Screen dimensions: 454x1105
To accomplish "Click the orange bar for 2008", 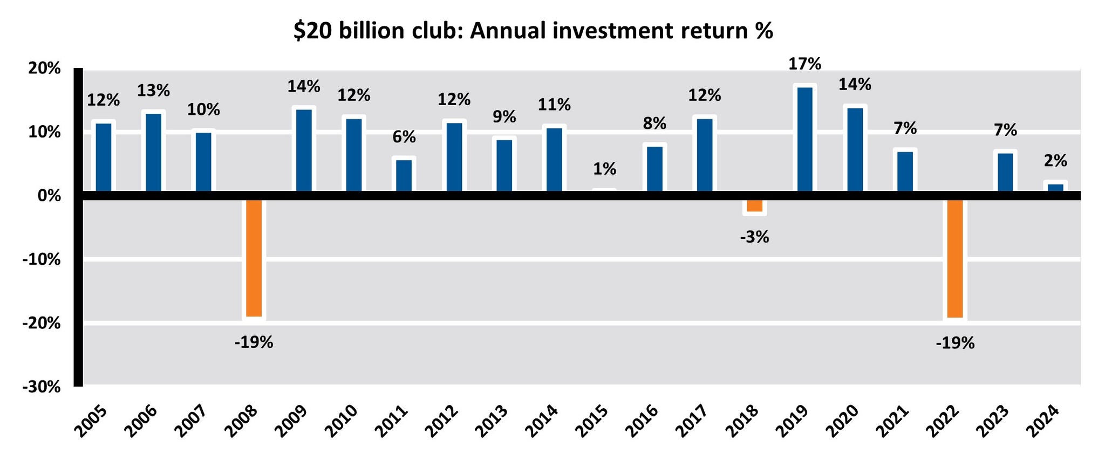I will coord(254,258).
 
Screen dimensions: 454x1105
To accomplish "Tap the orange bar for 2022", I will coord(955,258).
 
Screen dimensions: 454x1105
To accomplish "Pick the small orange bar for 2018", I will coord(754,205).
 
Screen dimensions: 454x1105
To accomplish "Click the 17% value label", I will coord(804,64).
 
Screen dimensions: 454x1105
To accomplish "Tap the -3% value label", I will coord(754,237).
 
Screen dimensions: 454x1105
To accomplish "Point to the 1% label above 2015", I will coord(604,169).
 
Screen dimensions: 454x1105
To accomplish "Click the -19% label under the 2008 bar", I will coord(254,342).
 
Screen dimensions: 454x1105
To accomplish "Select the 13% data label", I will coord(153,91).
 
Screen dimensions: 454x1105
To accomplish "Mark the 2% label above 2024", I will coord(1055,161).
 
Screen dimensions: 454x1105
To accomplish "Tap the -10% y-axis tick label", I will coord(41,259).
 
